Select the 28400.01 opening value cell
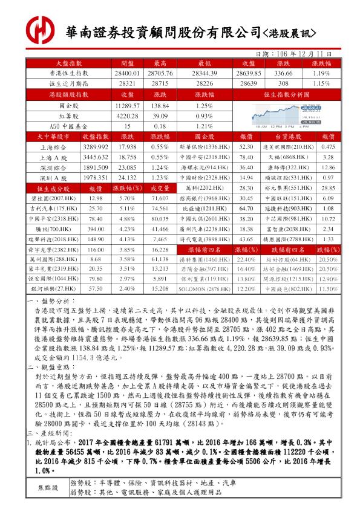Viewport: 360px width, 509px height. tap(127, 73)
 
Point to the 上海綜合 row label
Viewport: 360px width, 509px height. tap(53, 147)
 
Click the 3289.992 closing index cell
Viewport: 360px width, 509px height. tap(95, 147)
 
